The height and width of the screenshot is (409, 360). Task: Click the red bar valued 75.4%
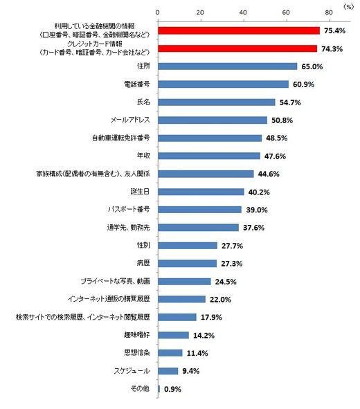point(238,30)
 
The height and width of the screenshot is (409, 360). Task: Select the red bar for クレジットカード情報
point(237,48)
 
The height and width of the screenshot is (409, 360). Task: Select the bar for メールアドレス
point(212,120)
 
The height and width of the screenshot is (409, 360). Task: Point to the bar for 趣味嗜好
point(173,335)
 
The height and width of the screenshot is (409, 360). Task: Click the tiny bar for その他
point(159,388)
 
